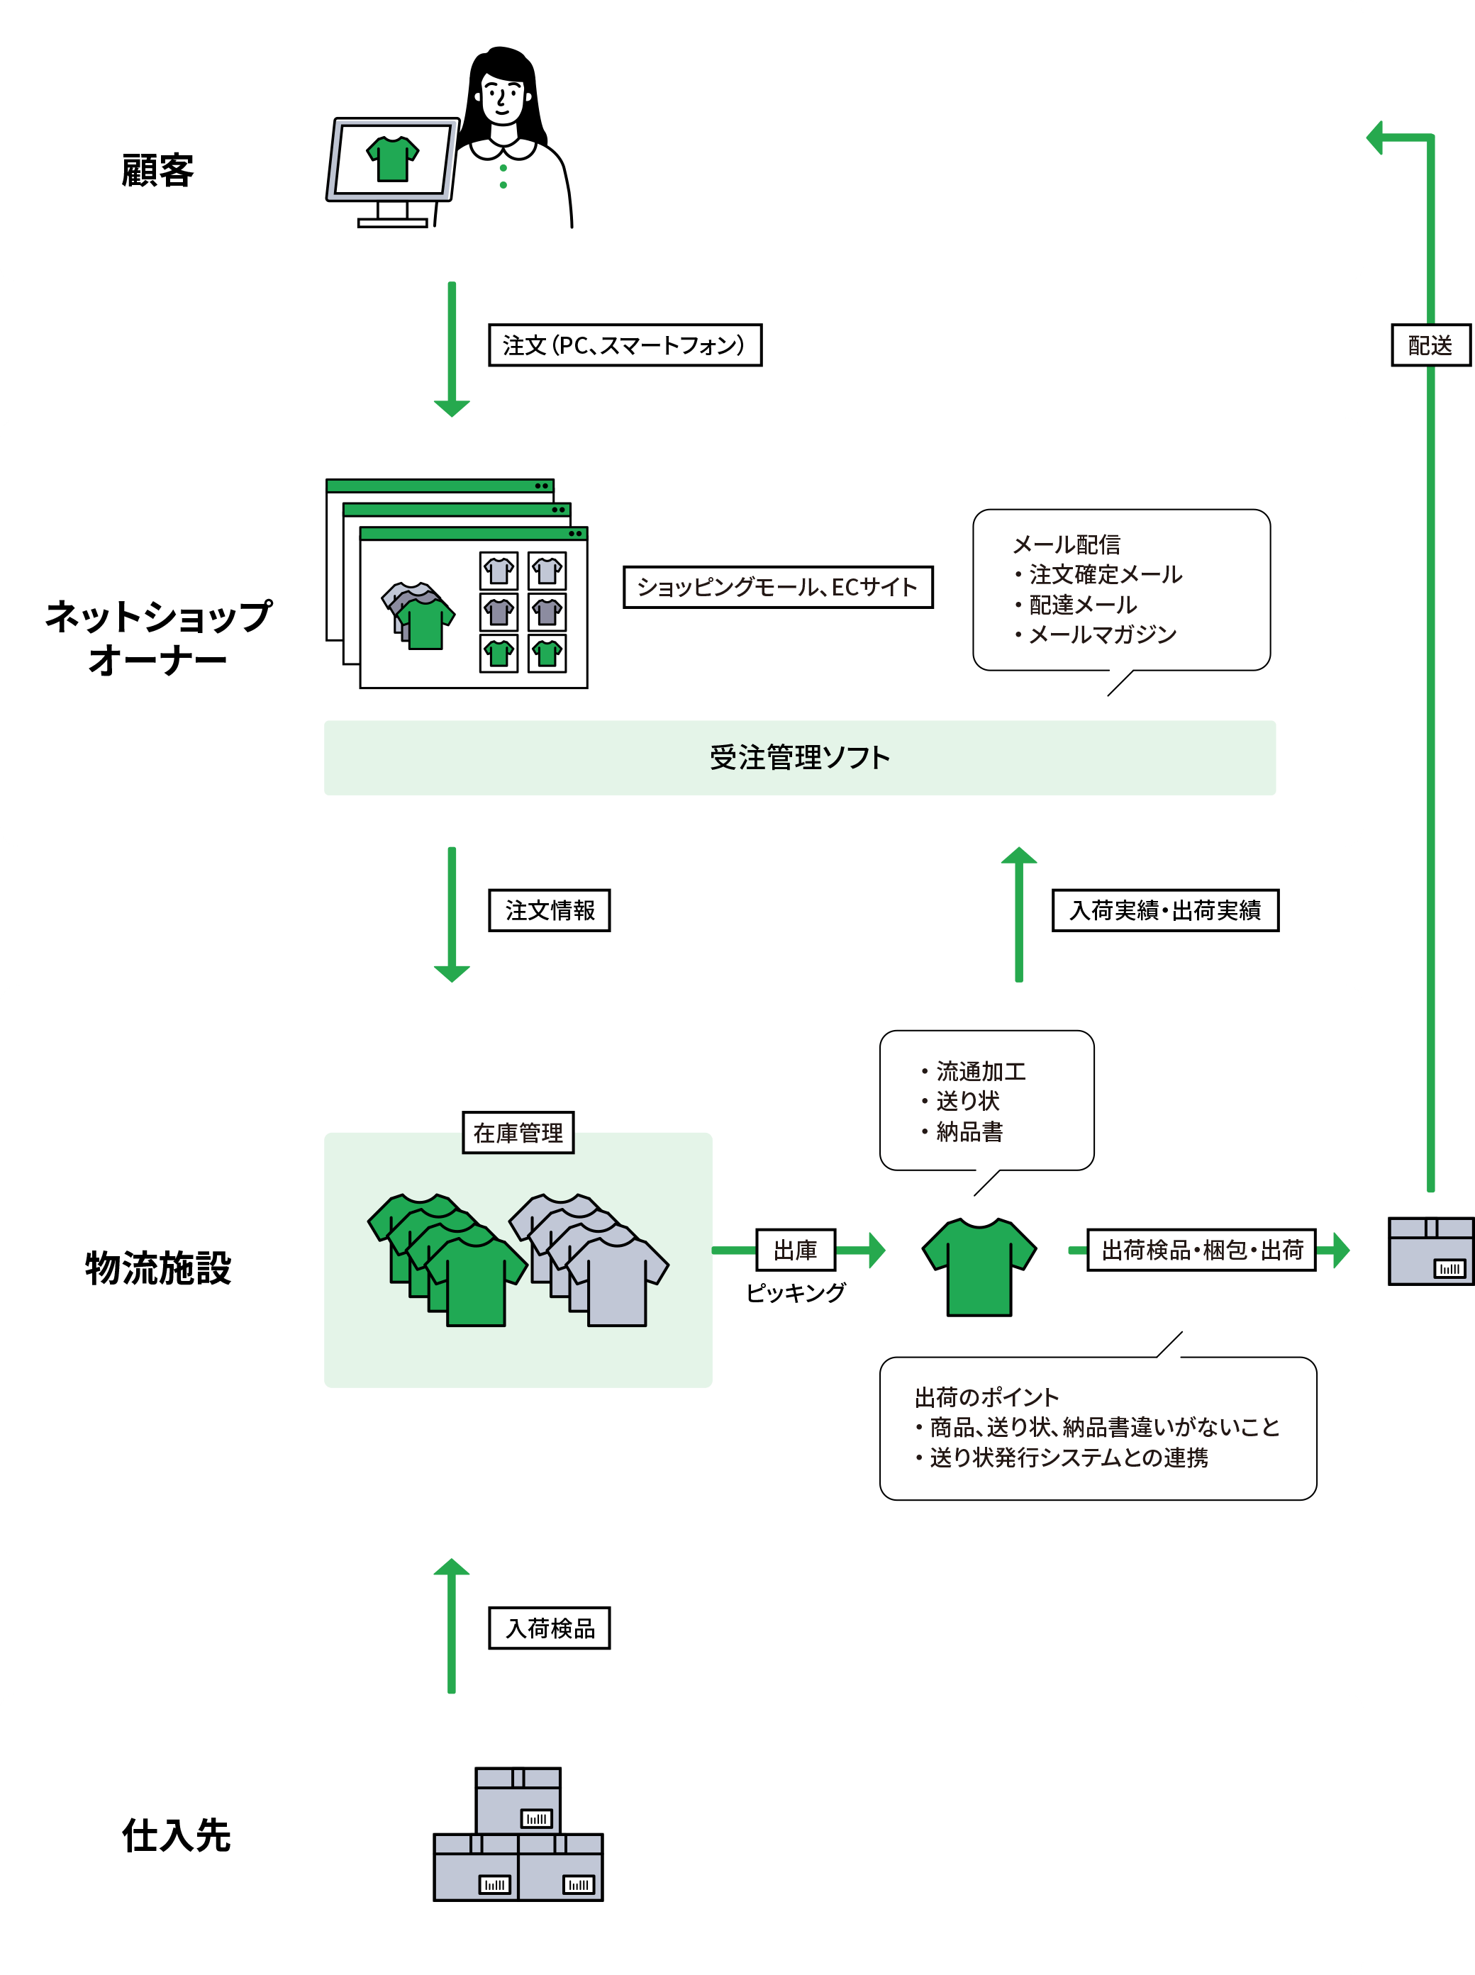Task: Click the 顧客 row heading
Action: (158, 170)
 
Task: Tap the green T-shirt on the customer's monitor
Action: (392, 159)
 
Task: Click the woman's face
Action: (502, 96)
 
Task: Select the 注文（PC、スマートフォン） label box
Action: (625, 345)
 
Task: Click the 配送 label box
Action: (1430, 345)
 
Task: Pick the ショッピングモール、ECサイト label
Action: (778, 587)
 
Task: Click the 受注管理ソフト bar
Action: (799, 758)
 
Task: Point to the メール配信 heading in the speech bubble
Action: (1066, 544)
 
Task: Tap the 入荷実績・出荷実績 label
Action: (1165, 910)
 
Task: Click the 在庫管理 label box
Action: (518, 1133)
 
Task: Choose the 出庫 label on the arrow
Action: (796, 1249)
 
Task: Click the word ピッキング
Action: (796, 1292)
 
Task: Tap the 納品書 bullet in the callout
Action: (969, 1131)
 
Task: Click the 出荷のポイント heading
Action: (986, 1397)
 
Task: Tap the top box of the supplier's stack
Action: (518, 1799)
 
